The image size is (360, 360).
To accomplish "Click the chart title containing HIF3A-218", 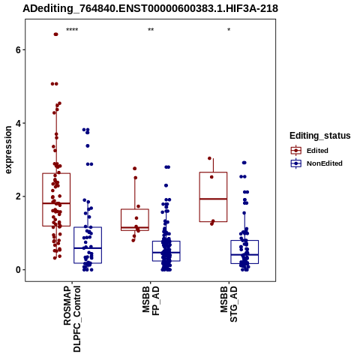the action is click(x=150, y=8).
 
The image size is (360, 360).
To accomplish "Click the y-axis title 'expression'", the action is click(x=8, y=150).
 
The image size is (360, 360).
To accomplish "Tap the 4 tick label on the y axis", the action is click(x=19, y=123).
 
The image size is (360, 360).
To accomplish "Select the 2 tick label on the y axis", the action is click(x=19, y=196).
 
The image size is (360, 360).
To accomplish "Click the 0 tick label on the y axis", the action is click(x=19, y=270).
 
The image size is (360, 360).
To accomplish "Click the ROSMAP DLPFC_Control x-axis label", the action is click(x=72, y=319).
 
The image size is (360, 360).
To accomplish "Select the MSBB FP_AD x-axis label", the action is click(x=151, y=301).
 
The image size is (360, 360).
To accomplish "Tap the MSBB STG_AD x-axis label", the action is click(x=229, y=304).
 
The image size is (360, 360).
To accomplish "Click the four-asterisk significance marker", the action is click(x=72, y=30).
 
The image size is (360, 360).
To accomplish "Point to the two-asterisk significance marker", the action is click(x=151, y=30).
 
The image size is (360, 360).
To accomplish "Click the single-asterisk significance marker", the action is click(x=229, y=30).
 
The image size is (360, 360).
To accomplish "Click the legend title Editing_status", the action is click(x=320, y=136).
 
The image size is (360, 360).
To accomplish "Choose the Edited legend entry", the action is click(x=317, y=151).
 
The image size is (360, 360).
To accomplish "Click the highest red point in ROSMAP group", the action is click(x=55, y=34).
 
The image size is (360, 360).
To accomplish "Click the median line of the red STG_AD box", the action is click(x=213, y=199).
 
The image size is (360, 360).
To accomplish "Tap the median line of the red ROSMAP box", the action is click(x=56, y=203).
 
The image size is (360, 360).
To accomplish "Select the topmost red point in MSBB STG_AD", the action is click(x=209, y=158).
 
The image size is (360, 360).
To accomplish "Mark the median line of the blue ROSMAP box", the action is click(x=88, y=248).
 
